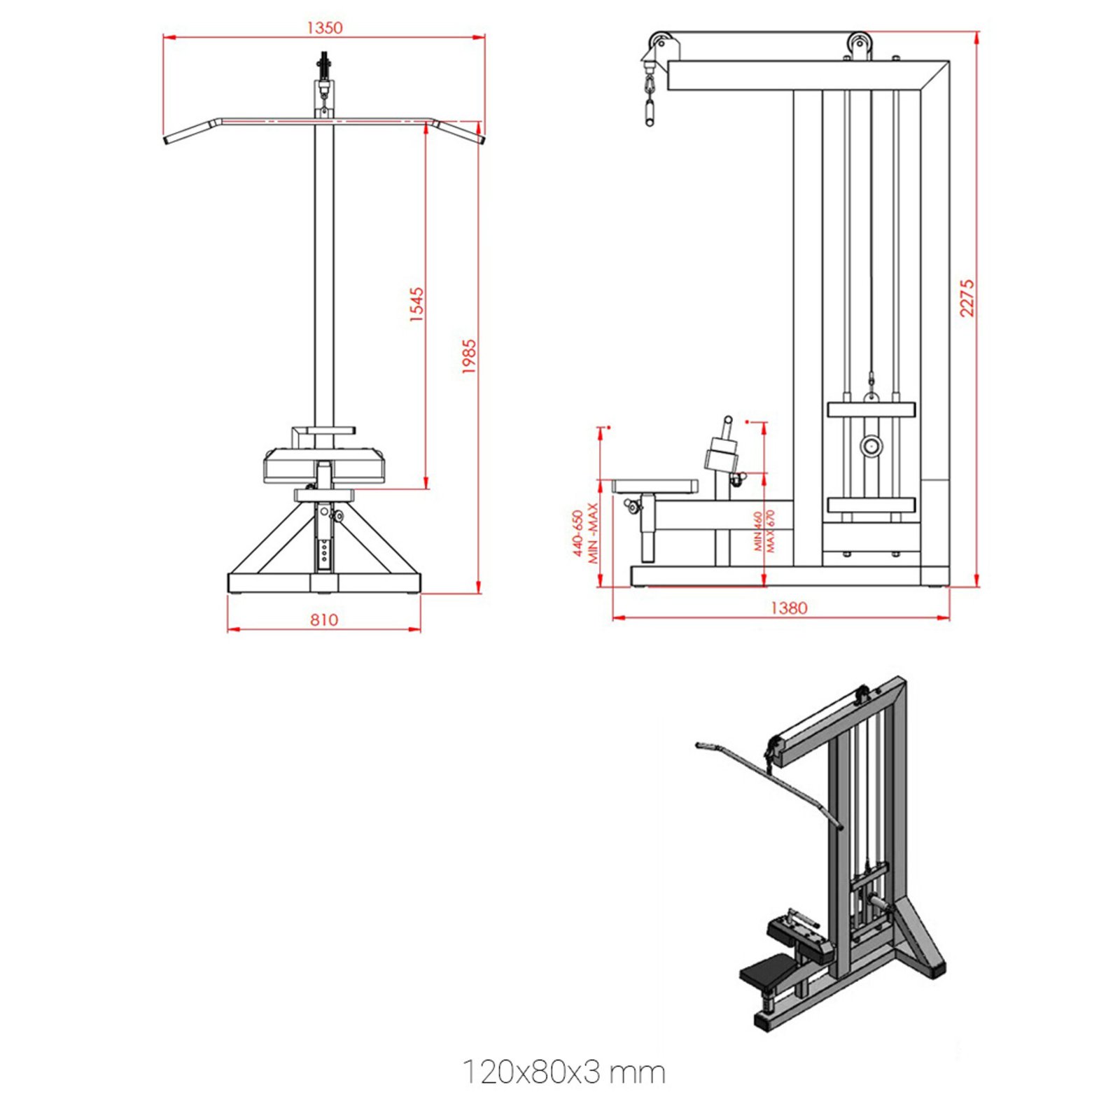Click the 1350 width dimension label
pyautogui.click(x=325, y=28)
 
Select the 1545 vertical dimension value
pyautogui.click(x=416, y=304)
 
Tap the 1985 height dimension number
pyautogui.click(x=469, y=356)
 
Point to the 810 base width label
pyautogui.click(x=323, y=619)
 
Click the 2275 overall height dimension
pyautogui.click(x=967, y=298)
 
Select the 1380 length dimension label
pyautogui.click(x=788, y=608)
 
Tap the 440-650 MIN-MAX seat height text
pyautogui.click(x=585, y=533)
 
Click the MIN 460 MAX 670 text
pyautogui.click(x=764, y=531)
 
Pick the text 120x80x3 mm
pyautogui.click(x=563, y=1072)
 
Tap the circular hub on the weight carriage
pyautogui.click(x=871, y=446)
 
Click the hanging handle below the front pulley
pyautogui.click(x=649, y=113)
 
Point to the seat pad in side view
pyautogui.click(x=655, y=486)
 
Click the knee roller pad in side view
pyautogui.click(x=722, y=453)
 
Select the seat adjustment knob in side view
pyautogui.click(x=633, y=505)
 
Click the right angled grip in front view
pyautogui.click(x=458, y=131)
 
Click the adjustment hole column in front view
pyautogui.click(x=323, y=545)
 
